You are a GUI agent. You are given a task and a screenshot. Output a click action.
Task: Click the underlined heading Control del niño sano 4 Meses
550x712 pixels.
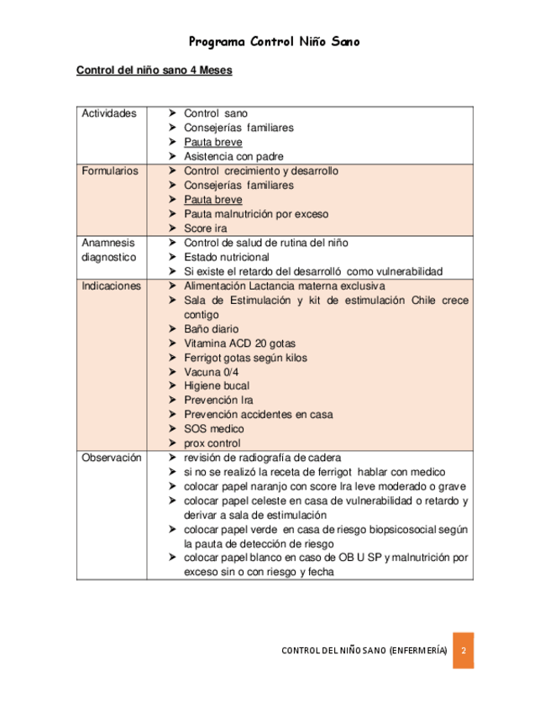154,71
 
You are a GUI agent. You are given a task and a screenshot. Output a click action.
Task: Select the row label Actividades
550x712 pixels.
108,113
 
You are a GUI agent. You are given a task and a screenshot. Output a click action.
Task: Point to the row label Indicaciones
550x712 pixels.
110,285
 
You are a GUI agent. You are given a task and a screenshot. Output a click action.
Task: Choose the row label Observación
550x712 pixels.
111,458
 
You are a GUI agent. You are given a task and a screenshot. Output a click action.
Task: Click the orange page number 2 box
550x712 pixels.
463,652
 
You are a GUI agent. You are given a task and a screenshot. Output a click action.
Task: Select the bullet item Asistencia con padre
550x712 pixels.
233,156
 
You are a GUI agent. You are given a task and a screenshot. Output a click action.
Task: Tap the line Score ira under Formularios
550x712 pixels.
205,228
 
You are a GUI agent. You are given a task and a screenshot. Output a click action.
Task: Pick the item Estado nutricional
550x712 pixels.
227,257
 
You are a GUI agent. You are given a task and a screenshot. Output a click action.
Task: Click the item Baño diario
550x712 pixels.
211,329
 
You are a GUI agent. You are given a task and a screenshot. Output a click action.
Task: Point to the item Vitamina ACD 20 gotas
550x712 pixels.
239,343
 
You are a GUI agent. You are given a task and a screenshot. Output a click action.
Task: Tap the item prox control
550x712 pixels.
212,443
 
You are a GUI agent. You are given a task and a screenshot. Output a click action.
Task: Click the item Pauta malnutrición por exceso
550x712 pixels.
256,214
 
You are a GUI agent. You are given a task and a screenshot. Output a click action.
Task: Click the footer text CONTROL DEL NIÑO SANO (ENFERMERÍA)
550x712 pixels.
364,652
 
